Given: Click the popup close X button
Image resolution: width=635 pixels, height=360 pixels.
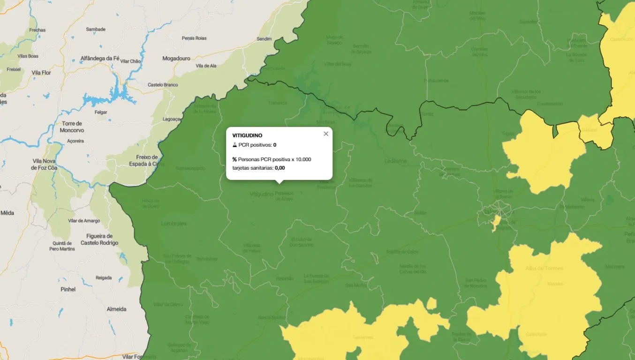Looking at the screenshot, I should coord(326,134).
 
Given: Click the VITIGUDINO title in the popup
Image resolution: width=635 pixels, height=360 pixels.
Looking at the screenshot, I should coord(247,135).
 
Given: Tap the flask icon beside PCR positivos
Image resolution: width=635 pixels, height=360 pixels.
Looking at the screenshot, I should coord(234,145).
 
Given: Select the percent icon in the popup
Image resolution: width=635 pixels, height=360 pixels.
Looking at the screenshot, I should coord(234,159).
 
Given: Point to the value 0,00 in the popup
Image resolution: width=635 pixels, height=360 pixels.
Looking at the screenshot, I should coord(280,168).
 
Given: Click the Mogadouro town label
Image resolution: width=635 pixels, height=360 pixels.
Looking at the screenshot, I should coord(176,59).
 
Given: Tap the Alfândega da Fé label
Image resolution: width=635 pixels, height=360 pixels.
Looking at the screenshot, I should coord(100,58).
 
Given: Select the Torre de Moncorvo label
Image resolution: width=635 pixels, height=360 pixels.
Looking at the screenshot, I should coord(72,127).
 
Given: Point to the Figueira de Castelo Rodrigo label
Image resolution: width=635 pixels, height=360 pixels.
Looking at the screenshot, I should coord(99,239).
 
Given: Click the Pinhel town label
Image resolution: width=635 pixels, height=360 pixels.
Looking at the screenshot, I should coord(68,289).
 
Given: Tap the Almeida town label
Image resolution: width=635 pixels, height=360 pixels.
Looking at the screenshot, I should coord(116,309).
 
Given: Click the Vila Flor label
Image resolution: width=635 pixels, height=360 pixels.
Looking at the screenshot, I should coord(41,73).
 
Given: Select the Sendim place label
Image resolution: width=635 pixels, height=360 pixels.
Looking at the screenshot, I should coord(264,38).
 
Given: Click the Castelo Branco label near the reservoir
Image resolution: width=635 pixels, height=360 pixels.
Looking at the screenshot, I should coord(163,85).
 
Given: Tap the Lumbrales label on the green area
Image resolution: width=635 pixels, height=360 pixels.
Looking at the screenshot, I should coord(174,224).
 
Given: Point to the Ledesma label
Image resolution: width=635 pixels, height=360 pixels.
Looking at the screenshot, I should coord(395,161).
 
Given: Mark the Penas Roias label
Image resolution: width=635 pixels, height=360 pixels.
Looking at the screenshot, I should coord(194,38).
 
